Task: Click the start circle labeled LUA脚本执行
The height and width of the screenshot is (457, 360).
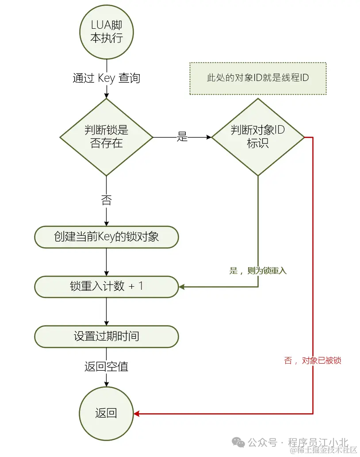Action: pos(106,32)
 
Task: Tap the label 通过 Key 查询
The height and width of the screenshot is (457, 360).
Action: pos(106,78)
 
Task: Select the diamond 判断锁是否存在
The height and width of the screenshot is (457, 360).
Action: pos(106,137)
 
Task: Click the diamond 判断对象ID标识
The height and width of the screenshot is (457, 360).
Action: pos(258,137)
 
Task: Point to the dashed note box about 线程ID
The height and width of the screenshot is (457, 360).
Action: pos(258,78)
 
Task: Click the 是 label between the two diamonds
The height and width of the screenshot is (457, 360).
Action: pos(182,137)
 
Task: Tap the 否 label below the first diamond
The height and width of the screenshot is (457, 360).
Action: pos(106,200)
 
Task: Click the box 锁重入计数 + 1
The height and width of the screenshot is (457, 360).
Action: pos(106,286)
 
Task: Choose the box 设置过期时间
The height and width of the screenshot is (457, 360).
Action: pos(106,336)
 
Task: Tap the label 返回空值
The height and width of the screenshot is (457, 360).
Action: pos(106,367)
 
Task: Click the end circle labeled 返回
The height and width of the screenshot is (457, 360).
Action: pos(106,413)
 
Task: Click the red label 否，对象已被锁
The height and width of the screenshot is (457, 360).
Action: pos(312,361)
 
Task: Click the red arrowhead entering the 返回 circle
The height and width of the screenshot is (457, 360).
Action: pos(137,414)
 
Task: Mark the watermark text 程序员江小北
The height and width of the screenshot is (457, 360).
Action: pos(318,442)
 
